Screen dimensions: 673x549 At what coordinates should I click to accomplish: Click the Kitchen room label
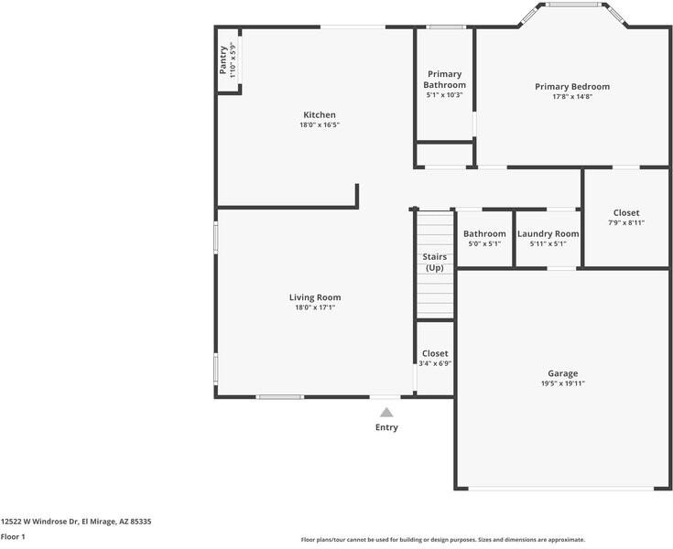click(x=320, y=115)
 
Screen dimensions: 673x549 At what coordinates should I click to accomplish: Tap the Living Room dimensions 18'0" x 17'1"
click(x=315, y=307)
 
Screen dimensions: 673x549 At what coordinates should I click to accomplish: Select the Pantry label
click(x=223, y=60)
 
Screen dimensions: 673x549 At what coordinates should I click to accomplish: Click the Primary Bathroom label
click(x=445, y=80)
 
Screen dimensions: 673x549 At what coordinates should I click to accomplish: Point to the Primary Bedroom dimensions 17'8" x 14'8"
click(x=572, y=97)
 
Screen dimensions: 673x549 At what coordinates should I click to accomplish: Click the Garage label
click(x=563, y=373)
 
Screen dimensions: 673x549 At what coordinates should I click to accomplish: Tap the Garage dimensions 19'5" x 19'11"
click(x=563, y=383)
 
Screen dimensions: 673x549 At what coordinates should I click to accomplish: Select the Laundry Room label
click(x=548, y=234)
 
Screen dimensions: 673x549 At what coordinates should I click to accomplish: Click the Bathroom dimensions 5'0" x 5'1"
click(x=484, y=244)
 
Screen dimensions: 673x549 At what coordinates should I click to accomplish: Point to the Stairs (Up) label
click(x=435, y=263)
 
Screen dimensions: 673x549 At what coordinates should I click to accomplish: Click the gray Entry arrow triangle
click(x=386, y=413)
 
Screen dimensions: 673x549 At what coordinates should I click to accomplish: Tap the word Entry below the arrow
click(x=386, y=427)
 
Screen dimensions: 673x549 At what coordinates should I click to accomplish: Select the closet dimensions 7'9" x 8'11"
click(x=626, y=222)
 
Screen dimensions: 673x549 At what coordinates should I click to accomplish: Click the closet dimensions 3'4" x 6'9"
click(x=435, y=364)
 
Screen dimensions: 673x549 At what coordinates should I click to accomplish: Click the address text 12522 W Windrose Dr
click(x=39, y=522)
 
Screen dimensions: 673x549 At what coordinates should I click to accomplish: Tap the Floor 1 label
click(x=13, y=536)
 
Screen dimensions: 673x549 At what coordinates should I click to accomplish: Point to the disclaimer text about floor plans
click(x=443, y=540)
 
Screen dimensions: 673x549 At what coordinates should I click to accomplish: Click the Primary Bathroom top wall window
click(x=446, y=27)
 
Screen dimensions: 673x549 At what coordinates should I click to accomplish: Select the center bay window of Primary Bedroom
click(x=573, y=5)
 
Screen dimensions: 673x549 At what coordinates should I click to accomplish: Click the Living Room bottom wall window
click(x=280, y=397)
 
